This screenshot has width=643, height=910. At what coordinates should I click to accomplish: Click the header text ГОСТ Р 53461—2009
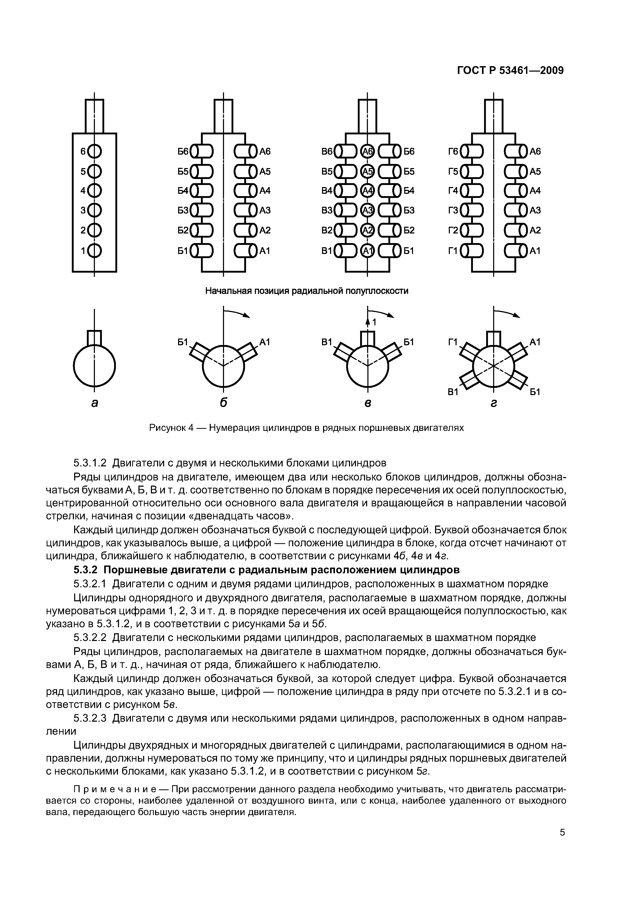(x=510, y=71)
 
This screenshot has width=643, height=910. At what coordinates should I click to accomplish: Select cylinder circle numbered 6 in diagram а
(x=94, y=151)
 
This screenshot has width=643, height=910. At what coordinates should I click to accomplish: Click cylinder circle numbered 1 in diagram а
(x=94, y=251)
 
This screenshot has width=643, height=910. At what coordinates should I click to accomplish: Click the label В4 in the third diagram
(x=327, y=191)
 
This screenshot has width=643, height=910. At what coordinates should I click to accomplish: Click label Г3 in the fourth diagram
(x=453, y=210)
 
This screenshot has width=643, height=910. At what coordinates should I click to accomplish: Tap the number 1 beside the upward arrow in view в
(x=374, y=323)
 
